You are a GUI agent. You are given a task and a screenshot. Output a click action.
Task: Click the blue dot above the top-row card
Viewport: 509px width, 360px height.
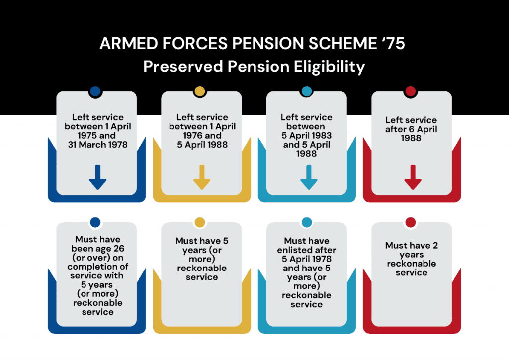(95, 91)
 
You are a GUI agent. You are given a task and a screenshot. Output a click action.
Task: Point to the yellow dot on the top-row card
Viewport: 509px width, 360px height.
(200, 91)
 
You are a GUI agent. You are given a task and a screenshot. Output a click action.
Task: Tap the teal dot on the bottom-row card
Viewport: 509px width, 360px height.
(307, 222)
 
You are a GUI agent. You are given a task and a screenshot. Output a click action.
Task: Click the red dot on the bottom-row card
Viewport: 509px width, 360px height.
(411, 222)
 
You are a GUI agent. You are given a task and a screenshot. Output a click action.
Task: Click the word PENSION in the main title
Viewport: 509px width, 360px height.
(258, 44)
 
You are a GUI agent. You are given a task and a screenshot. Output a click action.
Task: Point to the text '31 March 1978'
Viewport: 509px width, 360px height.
(97, 145)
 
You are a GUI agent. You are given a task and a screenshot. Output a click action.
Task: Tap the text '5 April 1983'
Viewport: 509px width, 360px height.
(307, 136)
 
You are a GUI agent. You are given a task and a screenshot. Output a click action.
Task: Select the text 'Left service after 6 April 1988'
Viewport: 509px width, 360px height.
(411, 129)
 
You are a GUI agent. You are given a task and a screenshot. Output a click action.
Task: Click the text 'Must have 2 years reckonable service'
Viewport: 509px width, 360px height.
(411, 259)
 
